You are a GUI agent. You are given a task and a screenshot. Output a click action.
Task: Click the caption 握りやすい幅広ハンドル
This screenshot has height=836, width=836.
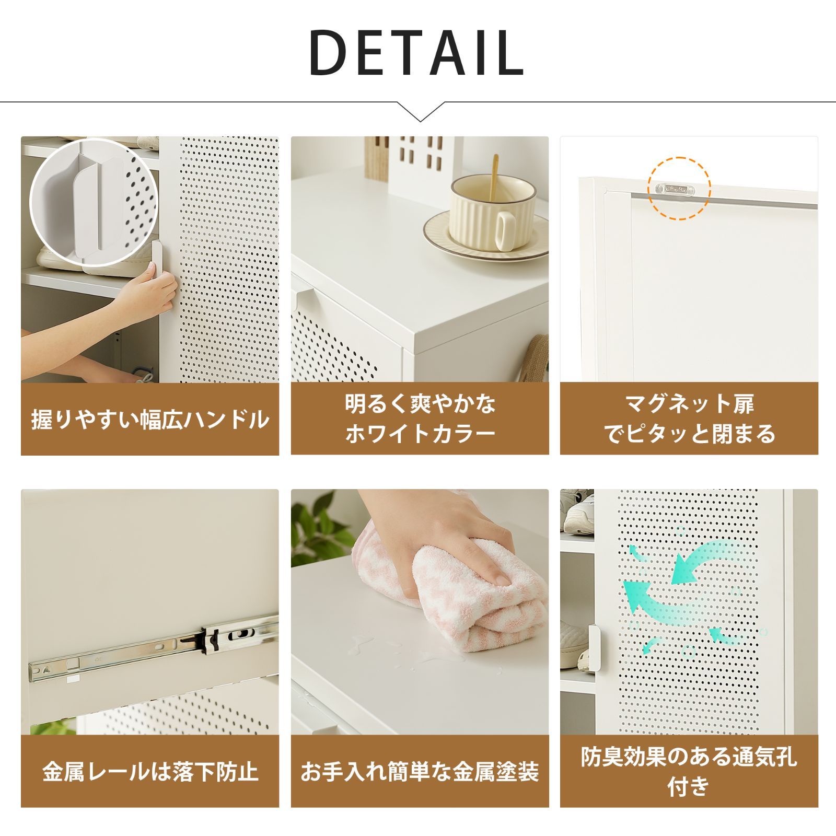pos(150,420)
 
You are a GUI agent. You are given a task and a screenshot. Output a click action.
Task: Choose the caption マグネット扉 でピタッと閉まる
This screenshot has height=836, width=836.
pos(689,419)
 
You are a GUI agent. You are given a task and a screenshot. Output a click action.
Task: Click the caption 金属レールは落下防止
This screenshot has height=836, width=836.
pos(150,772)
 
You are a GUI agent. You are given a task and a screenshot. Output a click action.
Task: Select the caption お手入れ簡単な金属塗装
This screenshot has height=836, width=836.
pos(420,772)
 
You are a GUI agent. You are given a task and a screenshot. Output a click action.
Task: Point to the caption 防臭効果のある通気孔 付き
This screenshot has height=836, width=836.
pos(689,771)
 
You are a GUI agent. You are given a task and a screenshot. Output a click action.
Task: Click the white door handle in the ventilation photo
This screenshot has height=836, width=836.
pos(594,648)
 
